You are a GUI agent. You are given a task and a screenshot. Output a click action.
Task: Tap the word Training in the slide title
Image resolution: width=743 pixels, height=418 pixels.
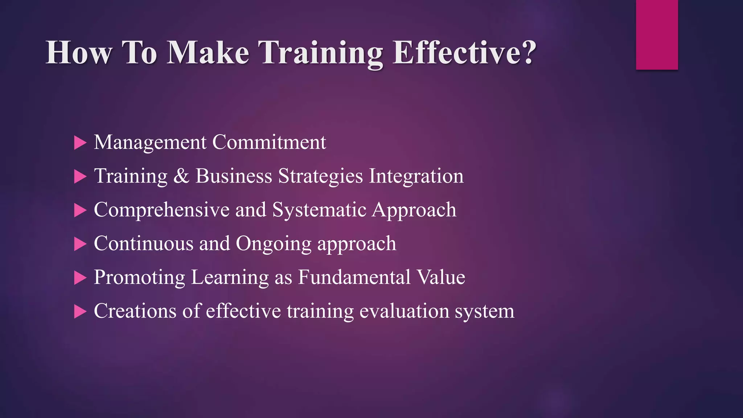(321, 53)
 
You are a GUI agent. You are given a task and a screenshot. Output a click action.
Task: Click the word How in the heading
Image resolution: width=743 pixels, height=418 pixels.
(79, 53)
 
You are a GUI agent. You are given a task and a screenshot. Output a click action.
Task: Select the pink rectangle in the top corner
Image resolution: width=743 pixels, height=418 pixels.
(657, 34)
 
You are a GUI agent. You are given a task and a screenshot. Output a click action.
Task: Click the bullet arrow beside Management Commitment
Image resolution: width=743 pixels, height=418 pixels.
(80, 143)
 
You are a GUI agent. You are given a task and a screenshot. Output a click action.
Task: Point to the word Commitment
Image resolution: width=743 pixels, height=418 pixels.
(269, 142)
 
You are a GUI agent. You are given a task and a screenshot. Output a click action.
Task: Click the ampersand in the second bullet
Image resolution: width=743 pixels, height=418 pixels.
(181, 176)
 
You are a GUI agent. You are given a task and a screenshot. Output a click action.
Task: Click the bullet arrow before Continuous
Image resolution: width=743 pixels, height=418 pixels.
(80, 244)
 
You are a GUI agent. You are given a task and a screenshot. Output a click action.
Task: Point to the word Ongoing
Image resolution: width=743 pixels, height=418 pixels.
(274, 244)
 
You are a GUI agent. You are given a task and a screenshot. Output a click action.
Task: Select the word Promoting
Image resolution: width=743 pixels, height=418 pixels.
(139, 278)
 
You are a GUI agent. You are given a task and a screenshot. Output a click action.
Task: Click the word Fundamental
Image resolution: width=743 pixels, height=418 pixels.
(354, 277)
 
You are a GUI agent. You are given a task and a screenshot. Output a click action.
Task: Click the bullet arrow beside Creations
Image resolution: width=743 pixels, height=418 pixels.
(80, 312)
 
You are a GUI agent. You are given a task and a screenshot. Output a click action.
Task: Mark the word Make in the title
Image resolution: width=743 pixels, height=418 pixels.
(208, 53)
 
